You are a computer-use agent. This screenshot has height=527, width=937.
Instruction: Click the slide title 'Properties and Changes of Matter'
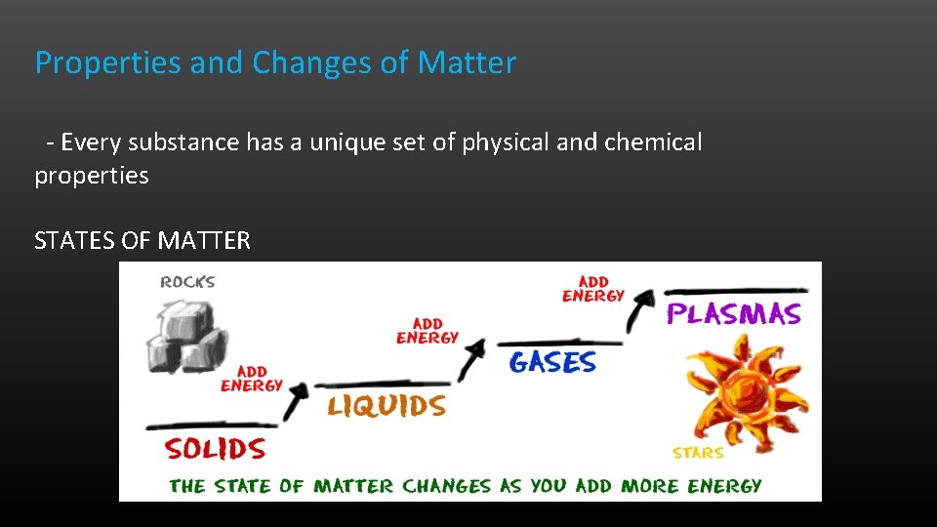coord(275,63)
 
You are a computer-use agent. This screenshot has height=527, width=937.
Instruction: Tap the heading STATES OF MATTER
coord(143,240)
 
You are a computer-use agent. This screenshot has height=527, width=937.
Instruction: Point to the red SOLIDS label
coord(215,449)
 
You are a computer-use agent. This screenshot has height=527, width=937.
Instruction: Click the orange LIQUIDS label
coord(387,406)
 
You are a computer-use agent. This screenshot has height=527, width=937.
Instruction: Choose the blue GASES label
coord(551,362)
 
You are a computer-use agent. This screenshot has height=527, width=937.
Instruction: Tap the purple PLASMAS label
coord(733,313)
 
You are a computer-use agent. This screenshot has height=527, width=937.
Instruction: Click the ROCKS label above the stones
coord(187,282)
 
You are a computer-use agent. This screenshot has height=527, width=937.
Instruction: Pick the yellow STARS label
coord(698,453)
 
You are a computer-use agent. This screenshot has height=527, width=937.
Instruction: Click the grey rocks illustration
coord(186,331)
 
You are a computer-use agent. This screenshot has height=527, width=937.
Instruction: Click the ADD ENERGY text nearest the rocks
coord(251,379)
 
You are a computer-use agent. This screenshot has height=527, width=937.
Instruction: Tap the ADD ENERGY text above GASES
coord(427,331)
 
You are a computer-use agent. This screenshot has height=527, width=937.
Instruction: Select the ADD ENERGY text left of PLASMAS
coord(592,289)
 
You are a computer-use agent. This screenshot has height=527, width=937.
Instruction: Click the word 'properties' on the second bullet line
coord(92,176)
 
